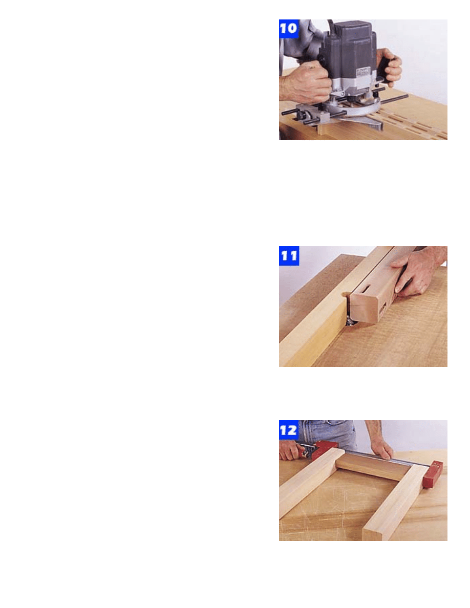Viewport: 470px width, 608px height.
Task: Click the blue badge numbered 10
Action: click(x=289, y=29)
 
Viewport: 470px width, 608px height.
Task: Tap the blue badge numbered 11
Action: click(x=289, y=256)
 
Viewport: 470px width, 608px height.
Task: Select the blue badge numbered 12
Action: click(x=289, y=430)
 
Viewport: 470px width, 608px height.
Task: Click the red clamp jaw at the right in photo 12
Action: click(x=434, y=475)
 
